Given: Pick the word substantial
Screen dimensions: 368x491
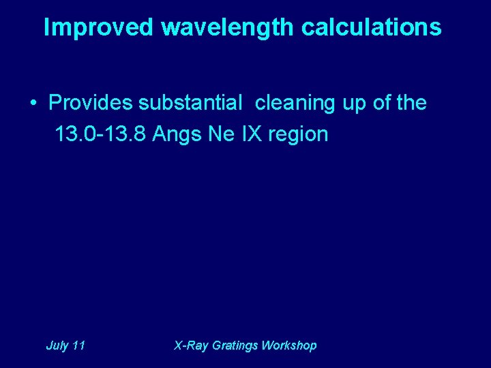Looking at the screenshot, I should click(190, 104).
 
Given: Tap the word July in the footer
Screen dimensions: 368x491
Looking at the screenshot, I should click(57, 346).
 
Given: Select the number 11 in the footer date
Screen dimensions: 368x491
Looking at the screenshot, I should click(78, 346).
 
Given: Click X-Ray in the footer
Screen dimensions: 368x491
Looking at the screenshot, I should click(192, 346).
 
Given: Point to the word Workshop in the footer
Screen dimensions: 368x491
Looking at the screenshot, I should click(290, 346).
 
